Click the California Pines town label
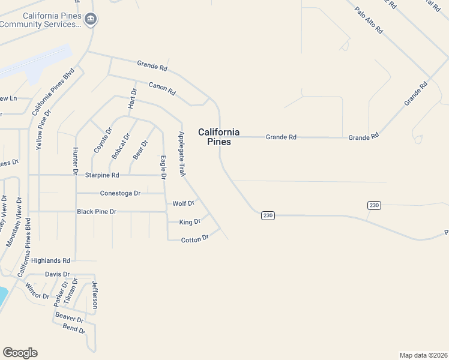(218, 137)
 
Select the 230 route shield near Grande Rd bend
(268, 215)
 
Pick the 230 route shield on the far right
(374, 206)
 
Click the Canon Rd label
(162, 89)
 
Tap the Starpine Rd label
(103, 175)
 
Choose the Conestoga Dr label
(120, 193)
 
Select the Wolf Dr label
(183, 204)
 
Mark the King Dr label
(190, 222)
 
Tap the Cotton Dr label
(194, 239)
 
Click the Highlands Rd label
(51, 260)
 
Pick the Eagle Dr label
(162, 167)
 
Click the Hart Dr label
(133, 98)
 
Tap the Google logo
(20, 353)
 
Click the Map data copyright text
(423, 355)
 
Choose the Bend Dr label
(74, 329)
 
